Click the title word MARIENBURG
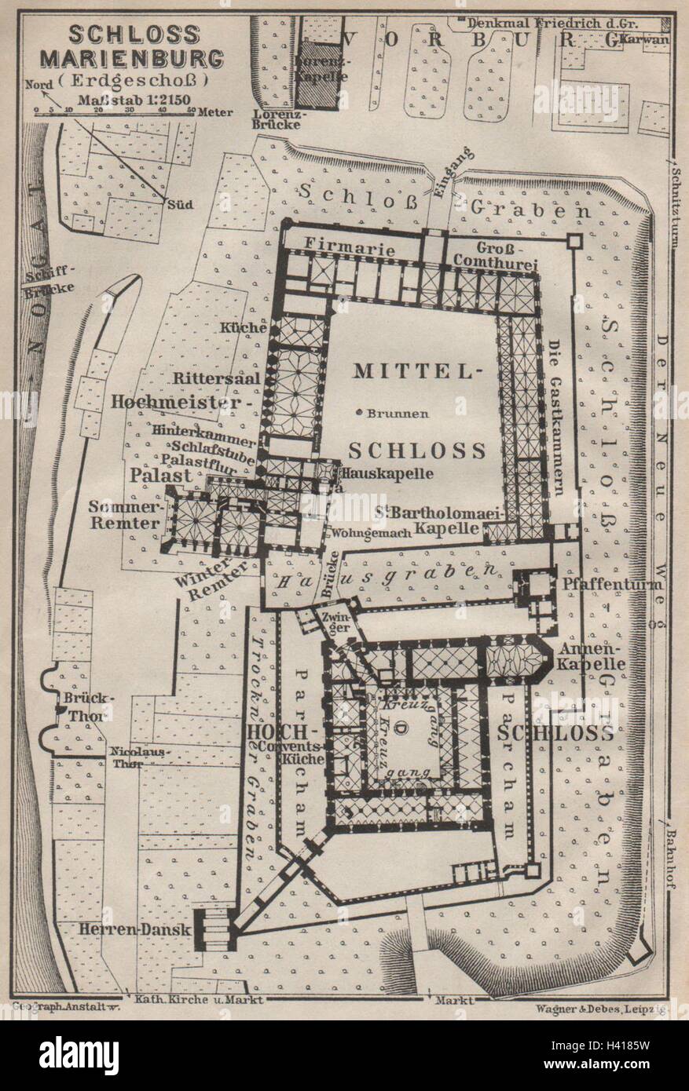tap(145, 59)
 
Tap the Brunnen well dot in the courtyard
tap(358, 413)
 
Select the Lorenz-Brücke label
tap(275, 119)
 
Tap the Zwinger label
tap(335, 618)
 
